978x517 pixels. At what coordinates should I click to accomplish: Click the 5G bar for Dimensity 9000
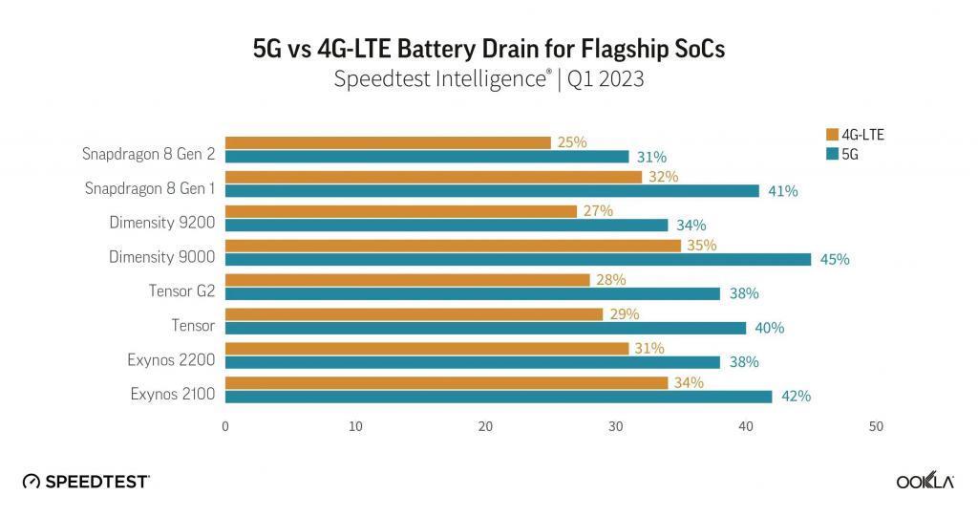click(x=517, y=259)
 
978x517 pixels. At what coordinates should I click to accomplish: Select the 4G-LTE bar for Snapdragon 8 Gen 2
click(x=388, y=142)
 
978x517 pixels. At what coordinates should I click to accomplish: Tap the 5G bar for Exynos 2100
click(x=498, y=397)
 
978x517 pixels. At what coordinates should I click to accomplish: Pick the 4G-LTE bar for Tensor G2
click(x=407, y=280)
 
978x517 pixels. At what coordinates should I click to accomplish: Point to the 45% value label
click(x=835, y=259)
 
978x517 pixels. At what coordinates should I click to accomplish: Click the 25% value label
click(x=571, y=142)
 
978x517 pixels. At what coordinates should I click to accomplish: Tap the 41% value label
click(x=782, y=190)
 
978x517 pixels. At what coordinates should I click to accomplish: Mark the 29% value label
click(x=623, y=314)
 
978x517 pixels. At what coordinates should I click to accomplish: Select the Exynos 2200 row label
click(x=171, y=359)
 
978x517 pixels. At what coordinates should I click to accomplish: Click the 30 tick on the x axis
click(x=616, y=426)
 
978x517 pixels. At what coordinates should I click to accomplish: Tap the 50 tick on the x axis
click(x=876, y=426)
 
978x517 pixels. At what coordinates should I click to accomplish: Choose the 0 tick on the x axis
click(x=225, y=426)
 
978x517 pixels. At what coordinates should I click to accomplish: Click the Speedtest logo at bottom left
click(x=86, y=482)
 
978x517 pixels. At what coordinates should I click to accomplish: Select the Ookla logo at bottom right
click(x=925, y=482)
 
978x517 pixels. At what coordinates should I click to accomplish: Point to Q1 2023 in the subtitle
click(x=606, y=79)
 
